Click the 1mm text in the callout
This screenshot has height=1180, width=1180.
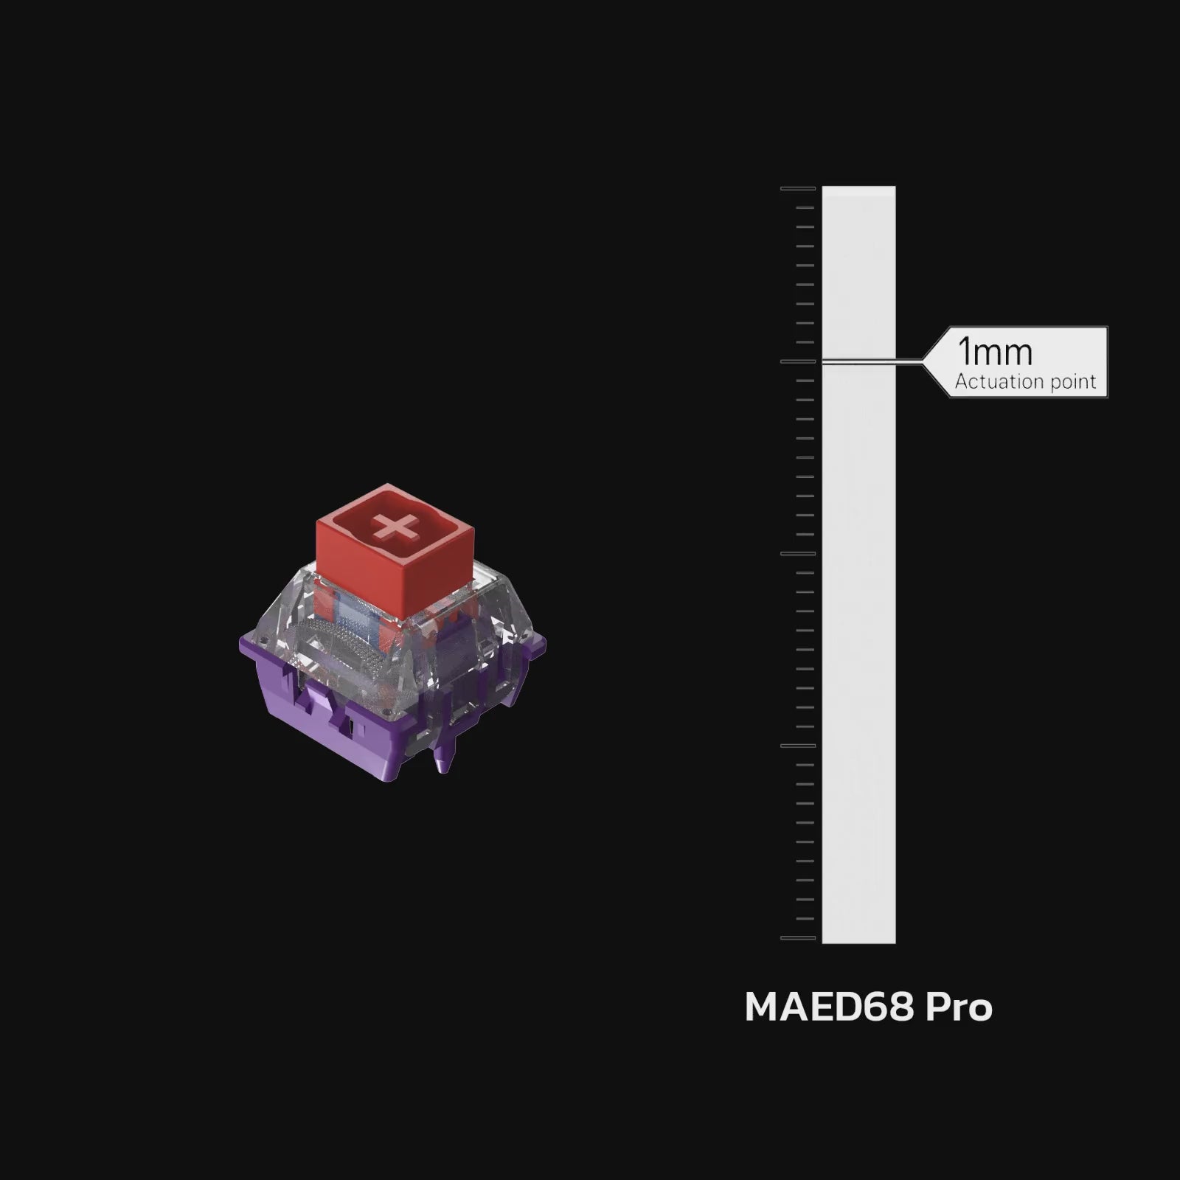[x=995, y=353]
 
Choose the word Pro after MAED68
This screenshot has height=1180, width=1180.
[x=959, y=1007]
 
